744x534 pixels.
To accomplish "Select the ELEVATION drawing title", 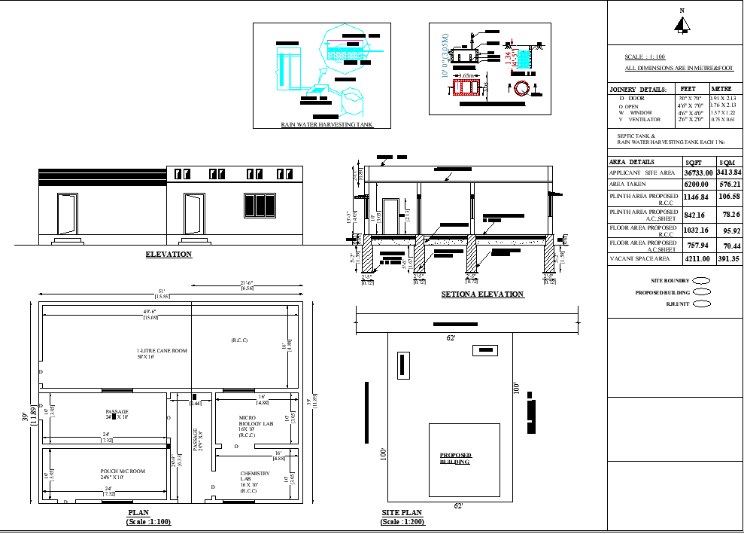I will click(x=169, y=255).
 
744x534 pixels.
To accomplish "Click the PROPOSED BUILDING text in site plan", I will click(x=455, y=458).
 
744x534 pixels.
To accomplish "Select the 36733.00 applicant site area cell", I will click(x=697, y=173).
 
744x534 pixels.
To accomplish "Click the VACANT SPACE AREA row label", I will click(x=639, y=259).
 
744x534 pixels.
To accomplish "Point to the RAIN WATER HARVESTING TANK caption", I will click(x=326, y=125).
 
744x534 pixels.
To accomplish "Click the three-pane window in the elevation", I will click(x=260, y=206).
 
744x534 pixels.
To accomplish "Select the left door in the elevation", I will click(x=68, y=214).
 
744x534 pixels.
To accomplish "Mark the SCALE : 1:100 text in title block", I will click(x=645, y=57).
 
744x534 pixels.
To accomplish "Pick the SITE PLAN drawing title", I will click(x=401, y=514).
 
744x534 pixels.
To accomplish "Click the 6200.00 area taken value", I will click(x=697, y=185).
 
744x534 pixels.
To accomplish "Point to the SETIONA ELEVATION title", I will click(x=482, y=294).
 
